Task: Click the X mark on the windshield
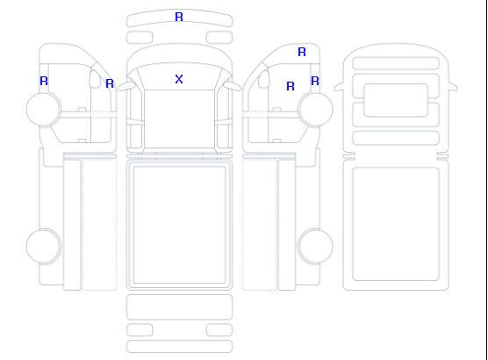(179, 79)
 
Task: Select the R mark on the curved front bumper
(179, 17)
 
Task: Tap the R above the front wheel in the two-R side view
(44, 81)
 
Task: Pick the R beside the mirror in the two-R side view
(110, 83)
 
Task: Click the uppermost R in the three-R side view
(302, 52)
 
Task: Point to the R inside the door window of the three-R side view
(291, 86)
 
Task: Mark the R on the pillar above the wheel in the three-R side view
(315, 81)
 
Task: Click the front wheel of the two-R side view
(44, 110)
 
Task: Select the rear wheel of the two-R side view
(44, 246)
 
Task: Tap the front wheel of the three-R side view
(315, 110)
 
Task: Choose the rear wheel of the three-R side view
(315, 246)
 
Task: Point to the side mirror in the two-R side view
(95, 79)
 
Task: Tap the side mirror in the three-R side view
(264, 79)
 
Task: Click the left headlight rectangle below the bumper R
(140, 38)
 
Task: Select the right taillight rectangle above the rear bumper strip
(219, 330)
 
